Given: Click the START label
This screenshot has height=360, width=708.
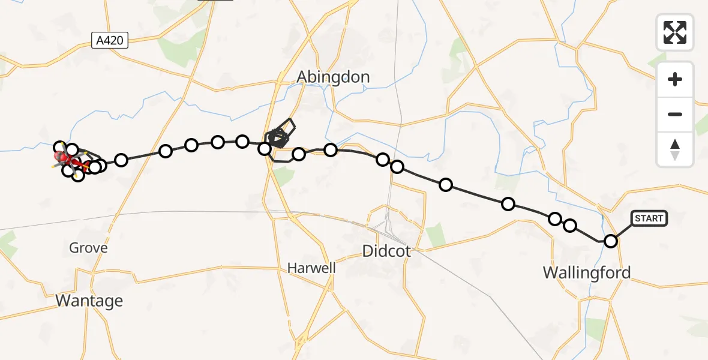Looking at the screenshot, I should (x=649, y=218).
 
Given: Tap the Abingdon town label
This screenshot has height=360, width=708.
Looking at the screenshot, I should (x=334, y=77).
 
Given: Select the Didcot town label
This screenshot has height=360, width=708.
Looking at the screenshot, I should (x=387, y=251).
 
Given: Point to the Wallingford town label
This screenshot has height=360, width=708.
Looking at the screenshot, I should (x=587, y=273).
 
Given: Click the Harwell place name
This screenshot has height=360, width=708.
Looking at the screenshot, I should (x=311, y=268).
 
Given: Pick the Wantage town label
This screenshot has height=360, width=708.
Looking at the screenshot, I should (x=89, y=301).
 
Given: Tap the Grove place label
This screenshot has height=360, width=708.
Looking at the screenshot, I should (x=88, y=248).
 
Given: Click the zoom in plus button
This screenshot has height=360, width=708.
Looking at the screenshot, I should (x=675, y=79).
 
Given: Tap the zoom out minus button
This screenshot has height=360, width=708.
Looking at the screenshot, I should (x=675, y=114).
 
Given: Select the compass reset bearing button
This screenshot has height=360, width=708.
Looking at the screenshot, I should (x=675, y=149).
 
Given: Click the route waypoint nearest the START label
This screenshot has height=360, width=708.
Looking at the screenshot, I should (x=611, y=241).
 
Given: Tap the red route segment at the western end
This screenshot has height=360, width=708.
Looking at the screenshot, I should (x=78, y=162).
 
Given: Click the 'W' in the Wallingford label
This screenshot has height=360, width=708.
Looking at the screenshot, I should (x=551, y=273).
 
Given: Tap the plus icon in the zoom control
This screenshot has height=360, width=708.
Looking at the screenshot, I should (x=675, y=79).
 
